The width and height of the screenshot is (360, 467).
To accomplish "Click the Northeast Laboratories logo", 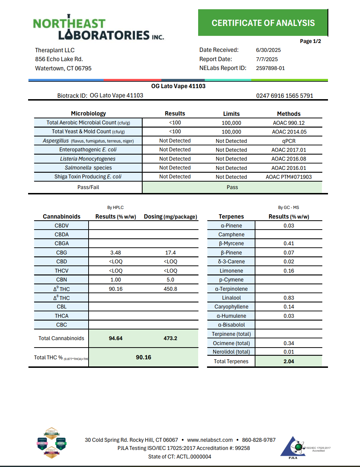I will pos(98,28).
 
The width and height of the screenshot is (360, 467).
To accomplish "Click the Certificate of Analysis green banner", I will pos(263,23).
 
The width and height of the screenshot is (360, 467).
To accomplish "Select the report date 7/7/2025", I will pos(267,59).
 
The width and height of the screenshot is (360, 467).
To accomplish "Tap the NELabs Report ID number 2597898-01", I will pos(270,68).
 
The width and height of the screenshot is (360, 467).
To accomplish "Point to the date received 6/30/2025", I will pos(268,50).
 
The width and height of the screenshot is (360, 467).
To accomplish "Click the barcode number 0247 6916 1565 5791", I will pos(285,96).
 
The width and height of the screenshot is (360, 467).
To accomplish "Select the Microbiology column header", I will pos(88,113).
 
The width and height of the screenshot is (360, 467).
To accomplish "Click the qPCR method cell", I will pos(288,141).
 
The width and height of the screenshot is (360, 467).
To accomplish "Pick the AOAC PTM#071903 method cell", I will pos(288,177).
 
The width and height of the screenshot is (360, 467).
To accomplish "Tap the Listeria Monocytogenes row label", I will pos(88,159).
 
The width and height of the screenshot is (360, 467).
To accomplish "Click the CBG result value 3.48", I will pos(116,253).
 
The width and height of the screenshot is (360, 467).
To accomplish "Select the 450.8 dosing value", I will pos(170,289).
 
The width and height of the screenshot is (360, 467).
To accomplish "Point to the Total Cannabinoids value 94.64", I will pos(116,338).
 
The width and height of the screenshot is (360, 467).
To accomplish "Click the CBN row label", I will pos(62,280).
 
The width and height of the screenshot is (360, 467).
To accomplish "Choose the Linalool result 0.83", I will pos(288,298).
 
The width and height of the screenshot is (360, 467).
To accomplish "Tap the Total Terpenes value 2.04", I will pos(288,361).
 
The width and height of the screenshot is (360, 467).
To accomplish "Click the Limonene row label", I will pos(231,271).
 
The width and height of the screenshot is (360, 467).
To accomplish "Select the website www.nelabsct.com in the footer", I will pos(210,440).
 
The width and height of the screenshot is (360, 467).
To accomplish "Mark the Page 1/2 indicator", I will pos(310,41).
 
